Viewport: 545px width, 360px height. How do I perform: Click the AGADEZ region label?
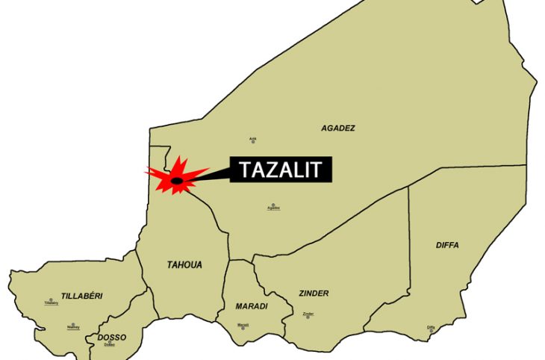pos(337,128)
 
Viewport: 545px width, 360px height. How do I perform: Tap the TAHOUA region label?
pos(184,264)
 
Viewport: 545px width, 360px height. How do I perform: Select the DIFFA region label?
pos(447,245)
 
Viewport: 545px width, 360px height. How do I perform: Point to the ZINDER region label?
pos(313,294)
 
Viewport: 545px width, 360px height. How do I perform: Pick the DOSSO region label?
pos(111,338)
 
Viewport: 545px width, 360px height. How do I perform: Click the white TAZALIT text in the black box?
pos(280,170)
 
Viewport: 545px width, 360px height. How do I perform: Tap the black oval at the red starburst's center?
pos(177,180)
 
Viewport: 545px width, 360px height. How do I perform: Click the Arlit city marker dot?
pos(253,139)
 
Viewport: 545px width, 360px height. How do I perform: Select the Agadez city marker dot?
pos(273,205)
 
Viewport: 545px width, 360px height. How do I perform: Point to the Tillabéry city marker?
pos(51,300)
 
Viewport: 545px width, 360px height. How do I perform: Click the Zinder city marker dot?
pos(309,313)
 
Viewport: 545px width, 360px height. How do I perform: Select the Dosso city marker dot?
pos(110,342)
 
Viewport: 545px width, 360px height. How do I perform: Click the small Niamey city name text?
pos(73,328)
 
